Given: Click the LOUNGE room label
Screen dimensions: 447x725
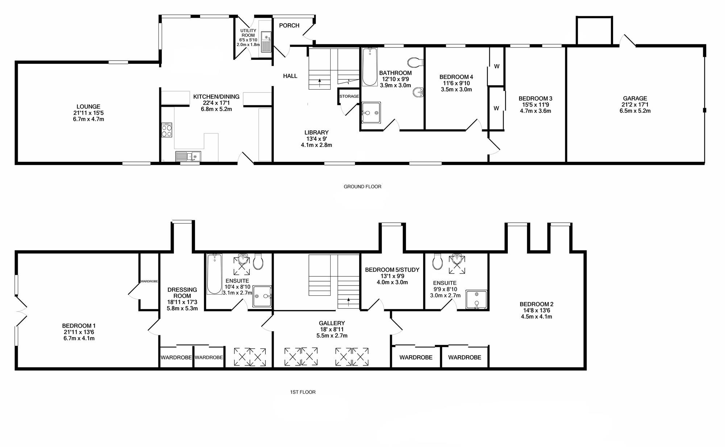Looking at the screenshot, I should (x=88, y=107).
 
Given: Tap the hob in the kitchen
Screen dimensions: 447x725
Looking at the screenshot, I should (x=167, y=130).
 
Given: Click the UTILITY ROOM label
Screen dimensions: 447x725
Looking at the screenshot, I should (x=248, y=33).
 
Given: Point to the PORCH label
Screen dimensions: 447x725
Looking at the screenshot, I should (x=289, y=25).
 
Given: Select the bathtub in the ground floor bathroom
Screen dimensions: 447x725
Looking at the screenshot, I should (x=370, y=67).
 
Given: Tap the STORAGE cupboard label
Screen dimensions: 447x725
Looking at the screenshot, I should (x=349, y=97).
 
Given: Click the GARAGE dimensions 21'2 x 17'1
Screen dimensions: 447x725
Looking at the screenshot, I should (x=635, y=104).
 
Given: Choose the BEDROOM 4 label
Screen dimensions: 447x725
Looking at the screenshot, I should (x=456, y=77).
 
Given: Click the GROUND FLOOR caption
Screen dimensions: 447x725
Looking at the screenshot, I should (x=362, y=186).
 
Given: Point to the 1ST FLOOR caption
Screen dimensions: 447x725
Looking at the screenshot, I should (x=303, y=392).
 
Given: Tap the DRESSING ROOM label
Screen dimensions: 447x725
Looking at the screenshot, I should (x=182, y=293).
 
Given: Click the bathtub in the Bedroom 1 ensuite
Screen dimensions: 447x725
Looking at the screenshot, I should (x=214, y=274).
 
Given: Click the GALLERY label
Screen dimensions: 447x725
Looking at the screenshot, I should (x=332, y=323).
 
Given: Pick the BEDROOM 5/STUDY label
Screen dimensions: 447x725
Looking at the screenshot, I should (x=392, y=270).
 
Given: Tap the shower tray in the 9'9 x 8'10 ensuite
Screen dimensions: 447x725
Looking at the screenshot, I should (x=477, y=300).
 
